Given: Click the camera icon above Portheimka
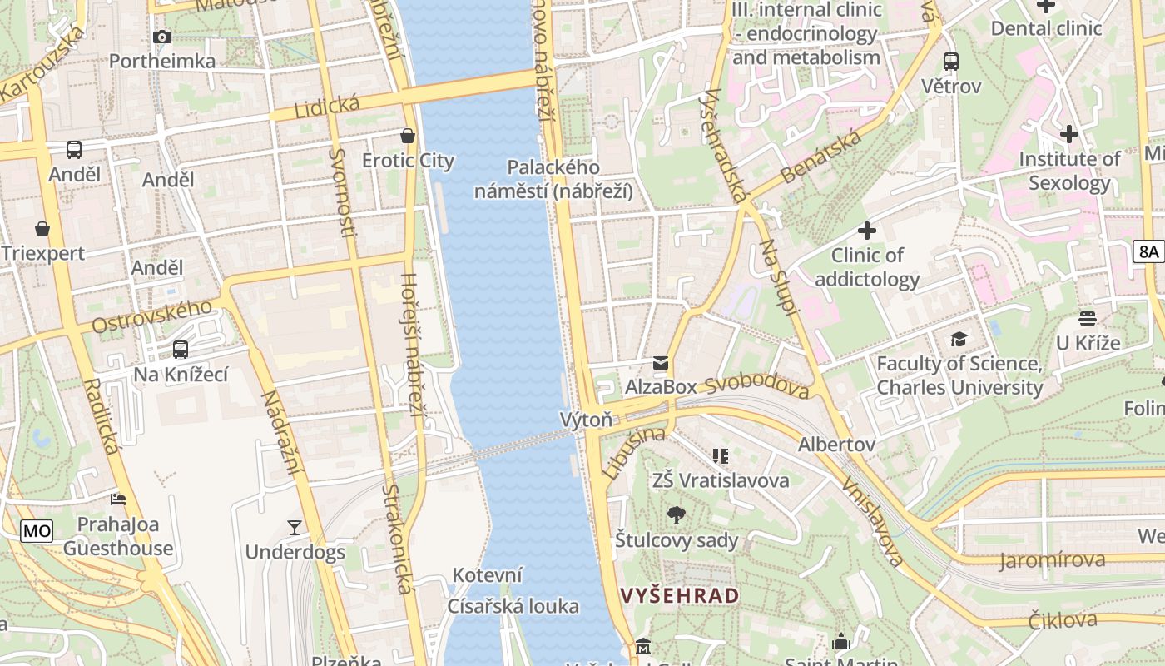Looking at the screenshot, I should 162,37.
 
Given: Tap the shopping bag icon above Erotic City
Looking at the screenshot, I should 408,136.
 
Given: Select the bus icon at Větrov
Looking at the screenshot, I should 950,61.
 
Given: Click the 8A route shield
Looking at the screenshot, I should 1148,251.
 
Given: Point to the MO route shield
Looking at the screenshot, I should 37,530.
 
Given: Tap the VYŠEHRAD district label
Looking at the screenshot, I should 680,595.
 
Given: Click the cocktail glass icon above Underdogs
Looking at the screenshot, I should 295,527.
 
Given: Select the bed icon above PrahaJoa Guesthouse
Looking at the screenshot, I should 118,499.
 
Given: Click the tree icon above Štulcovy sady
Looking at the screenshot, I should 677,515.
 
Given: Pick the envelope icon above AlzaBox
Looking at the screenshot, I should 661,362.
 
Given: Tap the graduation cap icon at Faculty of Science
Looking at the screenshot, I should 959,339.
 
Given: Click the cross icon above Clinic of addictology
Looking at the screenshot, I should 867,230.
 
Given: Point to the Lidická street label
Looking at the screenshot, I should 327,106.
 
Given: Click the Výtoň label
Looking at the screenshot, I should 586,420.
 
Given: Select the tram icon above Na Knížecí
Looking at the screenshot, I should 181,350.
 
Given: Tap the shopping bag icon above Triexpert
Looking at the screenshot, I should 42,229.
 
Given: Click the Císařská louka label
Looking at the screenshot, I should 513,606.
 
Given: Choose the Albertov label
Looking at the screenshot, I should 836,445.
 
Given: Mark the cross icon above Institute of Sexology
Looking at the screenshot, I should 1069,133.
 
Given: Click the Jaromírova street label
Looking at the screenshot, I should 1053,560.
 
